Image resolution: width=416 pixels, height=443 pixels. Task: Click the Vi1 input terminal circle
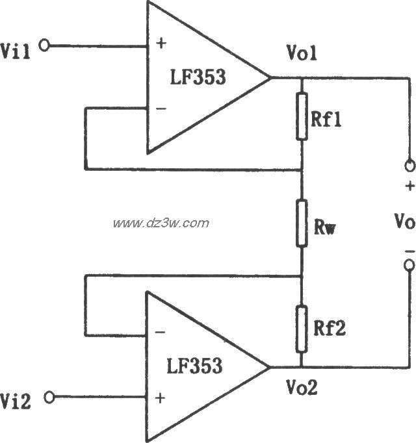[44, 46]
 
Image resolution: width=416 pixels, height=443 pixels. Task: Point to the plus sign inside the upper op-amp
[161, 45]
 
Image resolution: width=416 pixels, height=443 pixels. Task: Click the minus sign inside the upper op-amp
[161, 108]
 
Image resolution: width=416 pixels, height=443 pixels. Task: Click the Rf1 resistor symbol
[301, 118]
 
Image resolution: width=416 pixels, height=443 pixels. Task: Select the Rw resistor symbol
[301, 223]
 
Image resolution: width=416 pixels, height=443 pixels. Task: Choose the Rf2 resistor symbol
[301, 329]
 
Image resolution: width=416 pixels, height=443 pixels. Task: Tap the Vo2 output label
[303, 388]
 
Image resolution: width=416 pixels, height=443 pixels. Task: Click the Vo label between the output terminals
[404, 223]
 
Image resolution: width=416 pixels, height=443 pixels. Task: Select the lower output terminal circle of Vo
[409, 266]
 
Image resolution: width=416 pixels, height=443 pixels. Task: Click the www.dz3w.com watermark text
[161, 223]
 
